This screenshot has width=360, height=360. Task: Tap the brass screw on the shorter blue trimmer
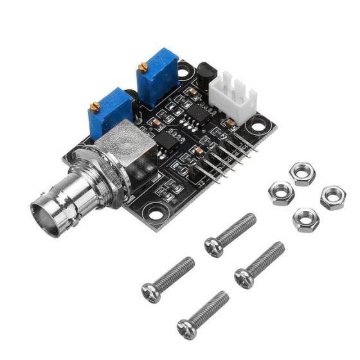96,105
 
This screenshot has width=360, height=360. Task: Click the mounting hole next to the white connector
259,125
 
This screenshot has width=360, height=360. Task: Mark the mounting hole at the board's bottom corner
154,212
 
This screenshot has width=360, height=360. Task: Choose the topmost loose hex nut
300,174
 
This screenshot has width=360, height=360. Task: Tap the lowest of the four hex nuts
305,221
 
